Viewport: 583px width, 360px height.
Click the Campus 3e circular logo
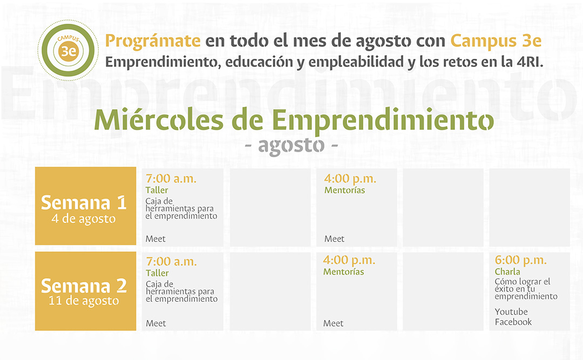pyautogui.click(x=68, y=50)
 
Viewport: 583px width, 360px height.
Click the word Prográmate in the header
pyautogui.click(x=153, y=41)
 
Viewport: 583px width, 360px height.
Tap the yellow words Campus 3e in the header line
pyautogui.click(x=496, y=41)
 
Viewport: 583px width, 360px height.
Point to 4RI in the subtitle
pyautogui.click(x=530, y=62)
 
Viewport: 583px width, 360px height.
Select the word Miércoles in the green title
pyautogui.click(x=159, y=120)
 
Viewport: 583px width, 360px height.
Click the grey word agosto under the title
pyautogui.click(x=291, y=145)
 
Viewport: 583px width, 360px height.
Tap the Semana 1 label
pyautogui.click(x=84, y=203)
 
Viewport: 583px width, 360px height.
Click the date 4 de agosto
pyautogui.click(x=84, y=219)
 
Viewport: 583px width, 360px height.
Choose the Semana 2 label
pyautogui.click(x=84, y=286)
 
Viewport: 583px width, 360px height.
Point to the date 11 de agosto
pyautogui.click(x=84, y=301)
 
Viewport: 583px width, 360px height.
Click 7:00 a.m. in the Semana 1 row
pyautogui.click(x=171, y=179)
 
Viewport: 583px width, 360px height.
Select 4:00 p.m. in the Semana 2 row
pyautogui.click(x=349, y=260)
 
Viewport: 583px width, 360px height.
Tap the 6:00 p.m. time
pyautogui.click(x=520, y=260)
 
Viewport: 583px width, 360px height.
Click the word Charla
pyautogui.click(x=507, y=272)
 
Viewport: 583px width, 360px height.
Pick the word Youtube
pyautogui.click(x=511, y=311)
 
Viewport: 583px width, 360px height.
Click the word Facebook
pyautogui.click(x=513, y=322)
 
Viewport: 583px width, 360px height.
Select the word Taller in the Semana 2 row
pyautogui.click(x=157, y=273)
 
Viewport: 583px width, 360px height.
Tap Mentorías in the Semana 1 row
pyautogui.click(x=344, y=190)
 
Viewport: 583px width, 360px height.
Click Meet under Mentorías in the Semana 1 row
pyautogui.click(x=334, y=239)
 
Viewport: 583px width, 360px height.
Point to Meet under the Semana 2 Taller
pyautogui.click(x=156, y=323)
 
